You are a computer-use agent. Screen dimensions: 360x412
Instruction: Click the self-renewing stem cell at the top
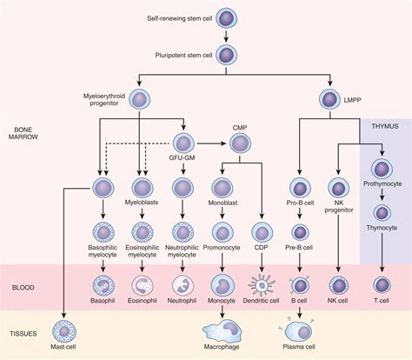click(226, 18)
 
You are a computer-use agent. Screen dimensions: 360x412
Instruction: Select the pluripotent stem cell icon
click(226, 56)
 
